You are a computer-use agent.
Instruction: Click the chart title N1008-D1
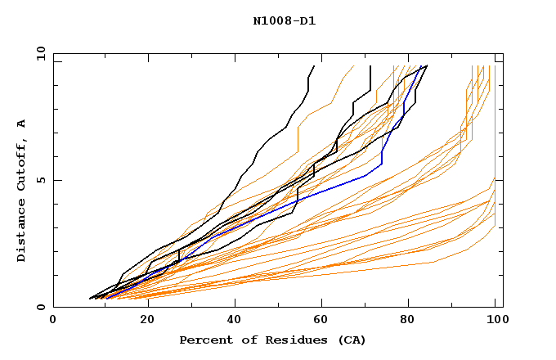pos(284,21)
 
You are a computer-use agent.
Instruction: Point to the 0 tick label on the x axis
pos(53,321)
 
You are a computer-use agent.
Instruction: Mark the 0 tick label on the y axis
pos(40,308)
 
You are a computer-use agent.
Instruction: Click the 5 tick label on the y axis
pos(40,180)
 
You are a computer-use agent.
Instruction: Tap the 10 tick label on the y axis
pos(38,53)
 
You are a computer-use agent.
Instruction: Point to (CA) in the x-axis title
pos(350,340)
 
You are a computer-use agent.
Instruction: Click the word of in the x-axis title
pos(250,340)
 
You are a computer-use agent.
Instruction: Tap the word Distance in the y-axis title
pos(21,235)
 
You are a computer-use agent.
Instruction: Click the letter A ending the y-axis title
pos(21,123)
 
